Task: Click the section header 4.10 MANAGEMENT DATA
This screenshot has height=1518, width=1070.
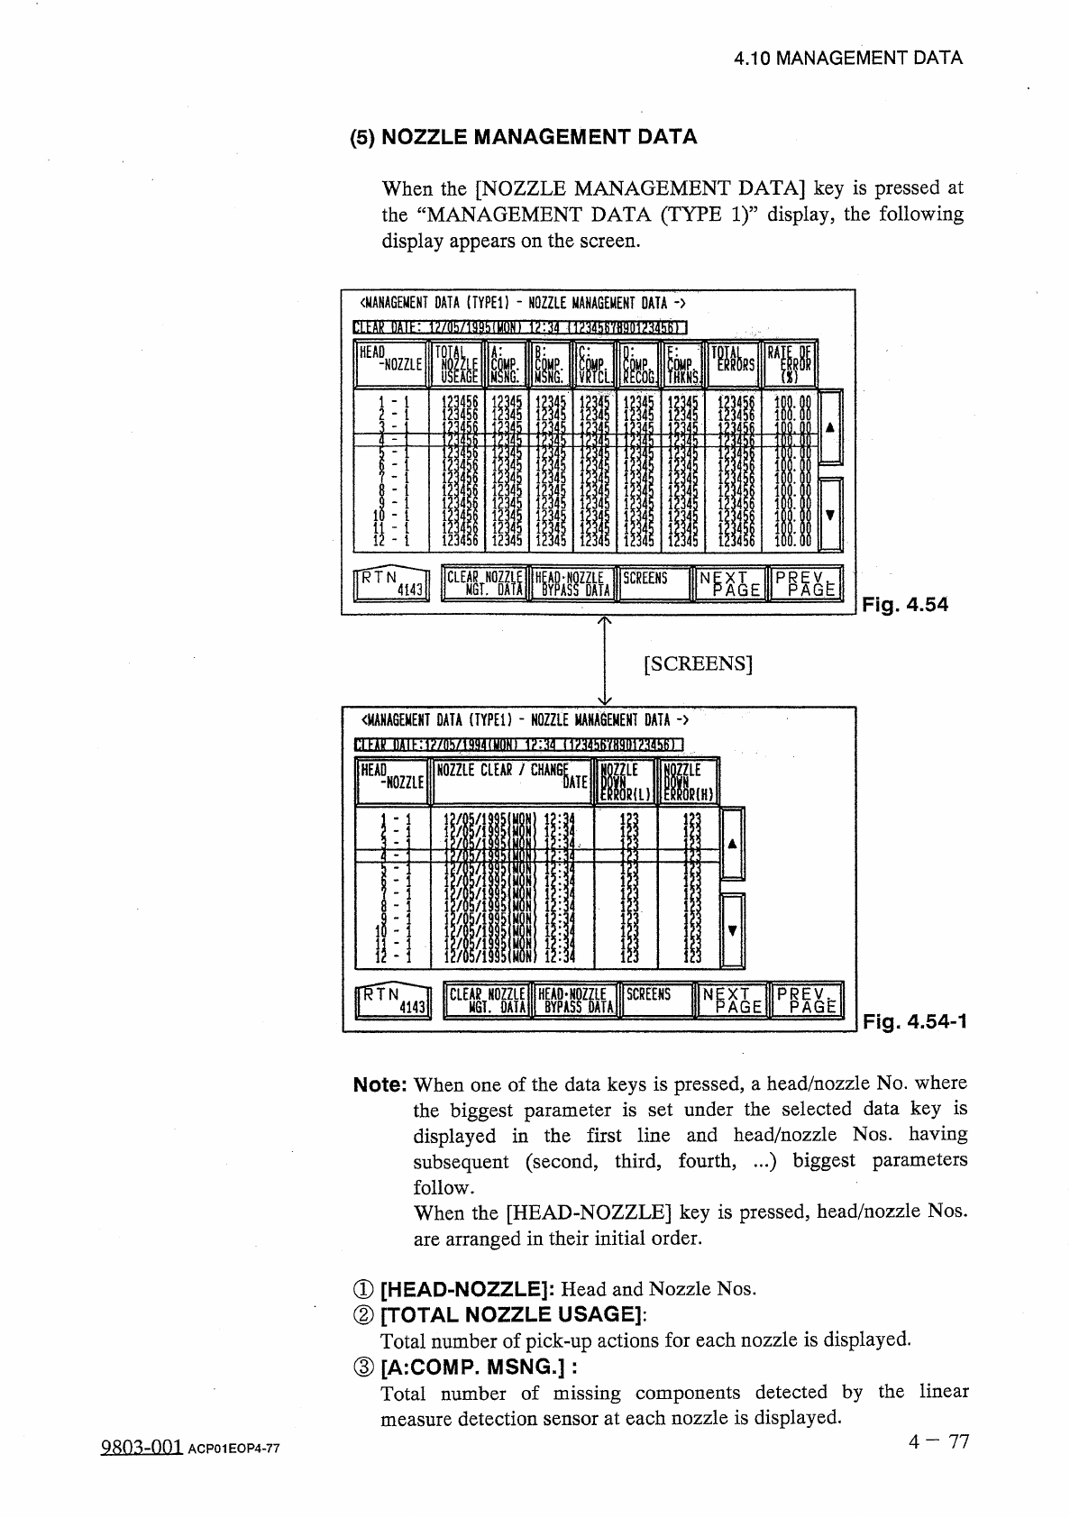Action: tap(847, 59)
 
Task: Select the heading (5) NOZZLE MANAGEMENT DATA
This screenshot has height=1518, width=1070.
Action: tap(524, 137)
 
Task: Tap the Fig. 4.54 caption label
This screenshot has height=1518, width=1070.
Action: tap(905, 606)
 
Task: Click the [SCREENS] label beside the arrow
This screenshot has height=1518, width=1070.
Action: tap(699, 664)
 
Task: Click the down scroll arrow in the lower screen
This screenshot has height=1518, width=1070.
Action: tap(732, 931)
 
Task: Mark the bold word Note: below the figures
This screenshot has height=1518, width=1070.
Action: tap(382, 1083)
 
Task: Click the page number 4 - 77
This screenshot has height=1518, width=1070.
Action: tap(938, 1441)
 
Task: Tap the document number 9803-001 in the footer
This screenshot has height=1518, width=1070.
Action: tap(140, 1446)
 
